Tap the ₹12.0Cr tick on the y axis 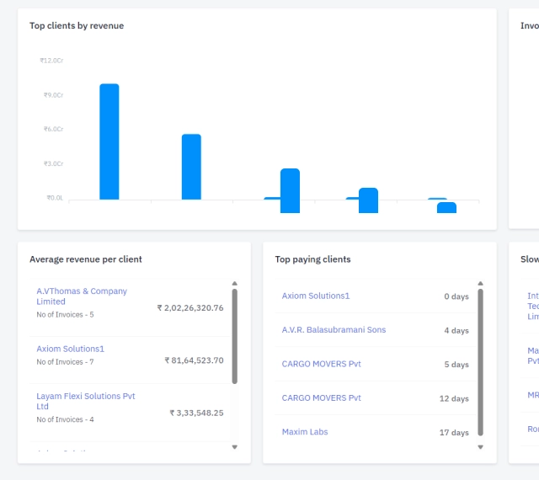tap(51, 61)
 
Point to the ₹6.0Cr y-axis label tap(53, 129)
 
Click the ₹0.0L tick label tap(54, 198)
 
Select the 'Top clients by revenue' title tap(77, 26)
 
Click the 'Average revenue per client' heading tap(86, 259)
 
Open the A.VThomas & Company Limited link tap(82, 296)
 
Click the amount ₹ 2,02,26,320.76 tap(190, 308)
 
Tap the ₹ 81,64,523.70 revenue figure tap(194, 360)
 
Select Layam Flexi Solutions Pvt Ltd tap(85, 401)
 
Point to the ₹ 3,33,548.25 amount tap(196, 413)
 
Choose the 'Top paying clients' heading tap(312, 259)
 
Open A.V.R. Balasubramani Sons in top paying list tap(334, 330)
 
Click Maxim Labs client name tap(305, 432)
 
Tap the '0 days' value tap(456, 296)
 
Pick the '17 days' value tap(454, 433)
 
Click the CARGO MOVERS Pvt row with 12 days tap(321, 398)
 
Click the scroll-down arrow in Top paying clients tap(481, 447)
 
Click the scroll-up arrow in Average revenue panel tap(235, 284)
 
